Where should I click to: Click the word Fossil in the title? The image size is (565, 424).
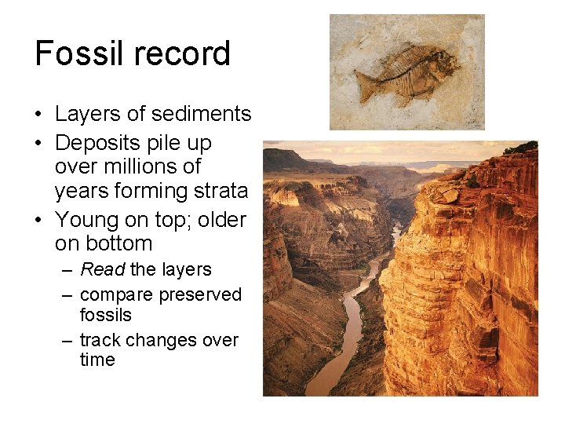click(x=71, y=53)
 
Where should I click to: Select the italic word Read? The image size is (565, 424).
click(x=103, y=269)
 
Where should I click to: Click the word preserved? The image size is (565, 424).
click(x=200, y=294)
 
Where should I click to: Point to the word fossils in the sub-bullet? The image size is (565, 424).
click(x=106, y=315)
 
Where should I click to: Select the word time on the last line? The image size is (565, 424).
click(x=97, y=360)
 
